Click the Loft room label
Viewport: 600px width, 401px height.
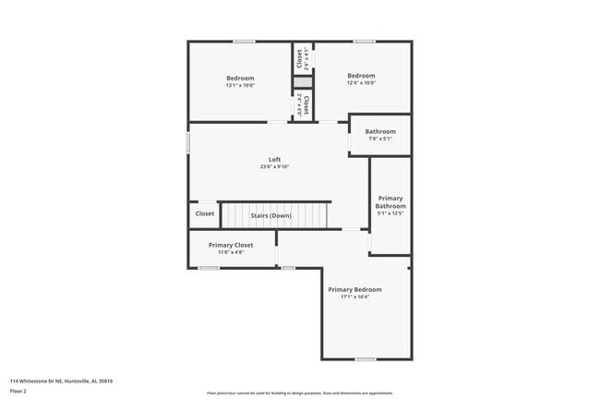pos(274,159)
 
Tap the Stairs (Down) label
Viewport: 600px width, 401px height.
pos(270,215)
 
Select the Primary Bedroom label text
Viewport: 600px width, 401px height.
pos(354,289)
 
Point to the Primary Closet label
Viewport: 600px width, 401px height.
pos(230,245)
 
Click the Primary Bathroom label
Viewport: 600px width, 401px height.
pos(390,201)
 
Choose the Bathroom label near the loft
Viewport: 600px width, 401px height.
pos(379,131)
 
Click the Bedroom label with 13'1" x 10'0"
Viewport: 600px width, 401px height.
pos(240,78)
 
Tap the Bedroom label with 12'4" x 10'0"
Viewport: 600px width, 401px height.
pos(361,76)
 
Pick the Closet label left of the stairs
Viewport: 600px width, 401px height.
pos(205,213)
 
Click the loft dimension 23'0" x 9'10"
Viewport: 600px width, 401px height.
pos(274,167)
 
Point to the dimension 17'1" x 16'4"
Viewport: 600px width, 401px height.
pos(354,297)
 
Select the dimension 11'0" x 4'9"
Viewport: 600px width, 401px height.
pos(230,252)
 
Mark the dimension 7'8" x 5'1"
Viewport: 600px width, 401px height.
pos(379,140)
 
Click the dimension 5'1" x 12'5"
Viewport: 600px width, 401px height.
pos(390,213)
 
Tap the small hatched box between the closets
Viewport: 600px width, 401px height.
pos(300,82)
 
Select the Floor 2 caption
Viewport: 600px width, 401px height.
pos(19,392)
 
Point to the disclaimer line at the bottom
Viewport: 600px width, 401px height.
pos(300,393)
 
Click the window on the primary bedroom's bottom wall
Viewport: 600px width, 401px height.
pos(366,358)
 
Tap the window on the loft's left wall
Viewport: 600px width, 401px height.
pos(188,143)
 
